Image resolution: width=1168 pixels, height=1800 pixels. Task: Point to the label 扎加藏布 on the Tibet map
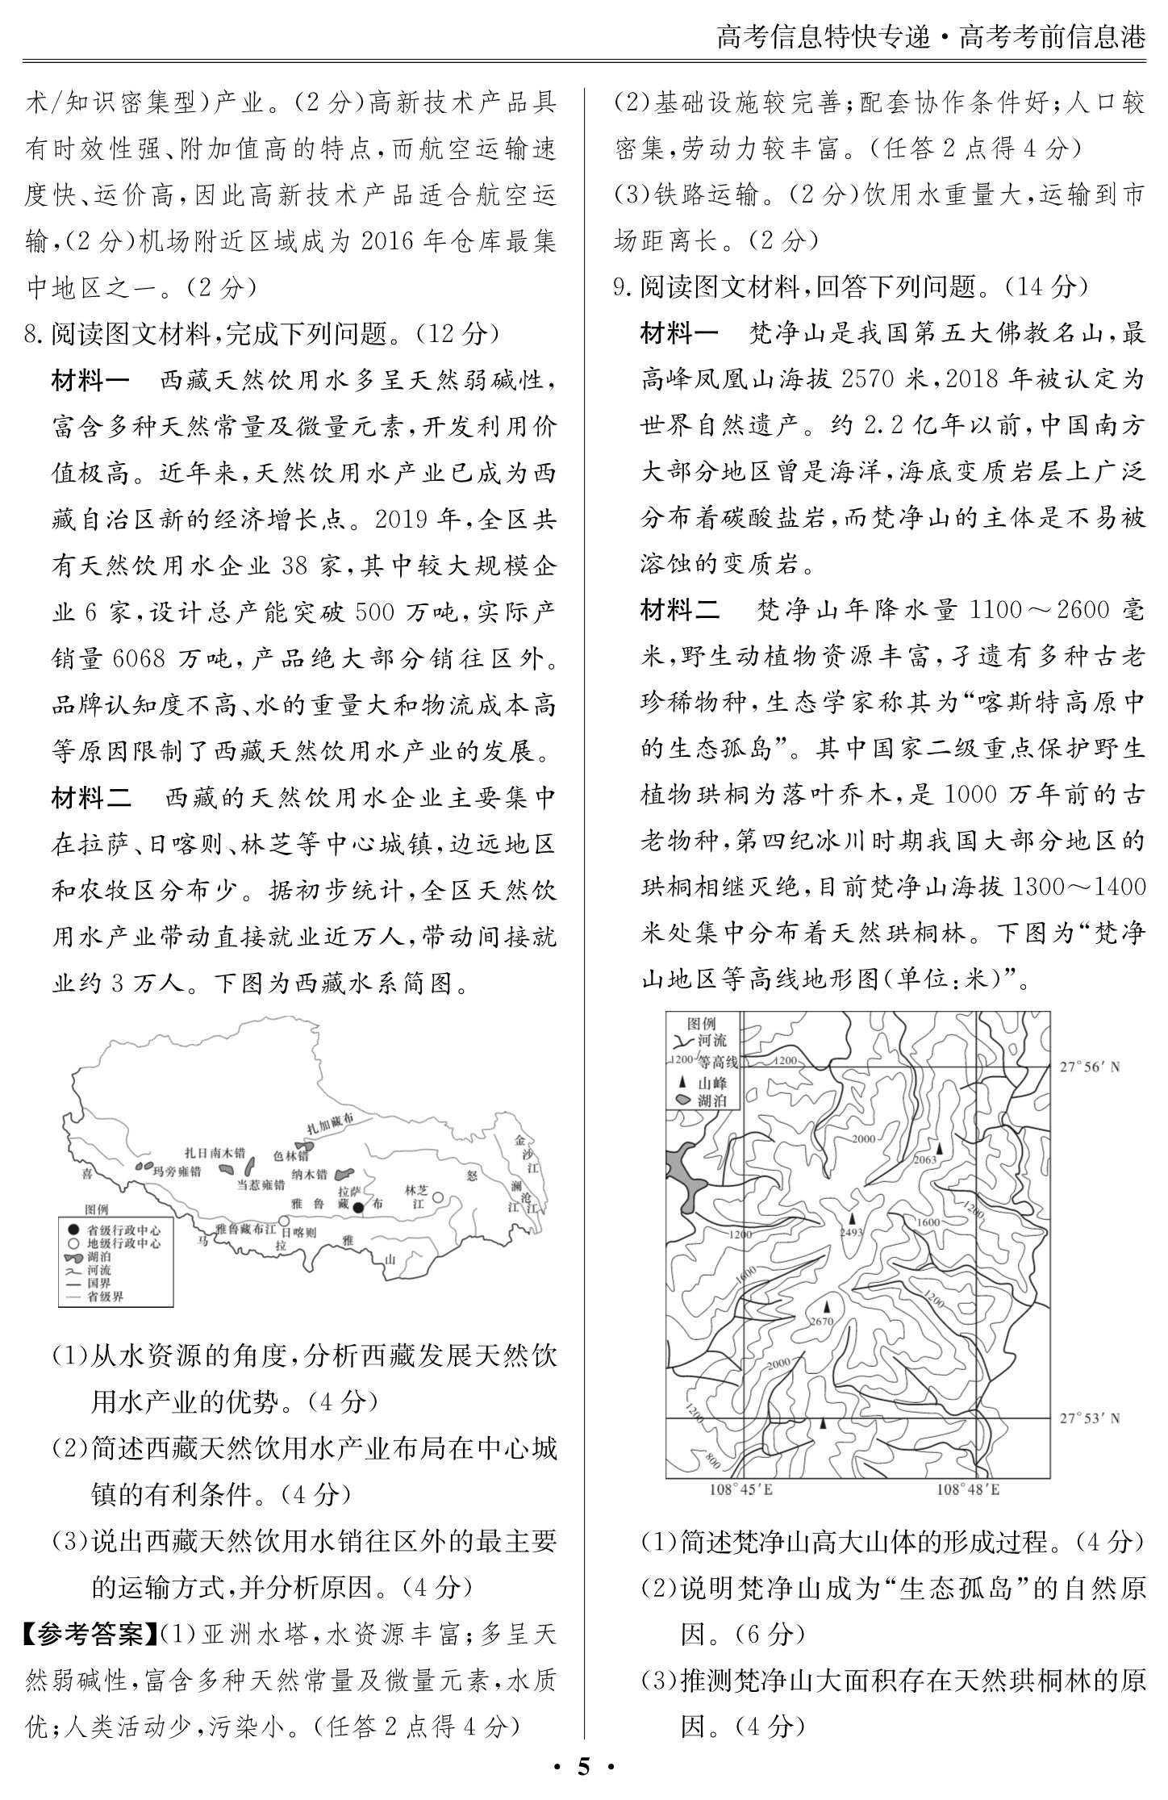pos(331,1122)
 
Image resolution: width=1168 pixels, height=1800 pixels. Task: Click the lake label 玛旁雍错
pos(177,1171)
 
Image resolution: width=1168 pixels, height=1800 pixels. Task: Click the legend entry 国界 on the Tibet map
pos(99,1283)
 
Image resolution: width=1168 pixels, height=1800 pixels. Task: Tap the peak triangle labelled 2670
pos(825,1306)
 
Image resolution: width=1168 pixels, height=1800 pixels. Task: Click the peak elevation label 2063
pos(925,1159)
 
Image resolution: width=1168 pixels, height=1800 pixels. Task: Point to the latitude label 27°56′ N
pos(1090,1067)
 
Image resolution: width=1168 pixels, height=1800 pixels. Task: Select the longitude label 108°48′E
pos(967,1489)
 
